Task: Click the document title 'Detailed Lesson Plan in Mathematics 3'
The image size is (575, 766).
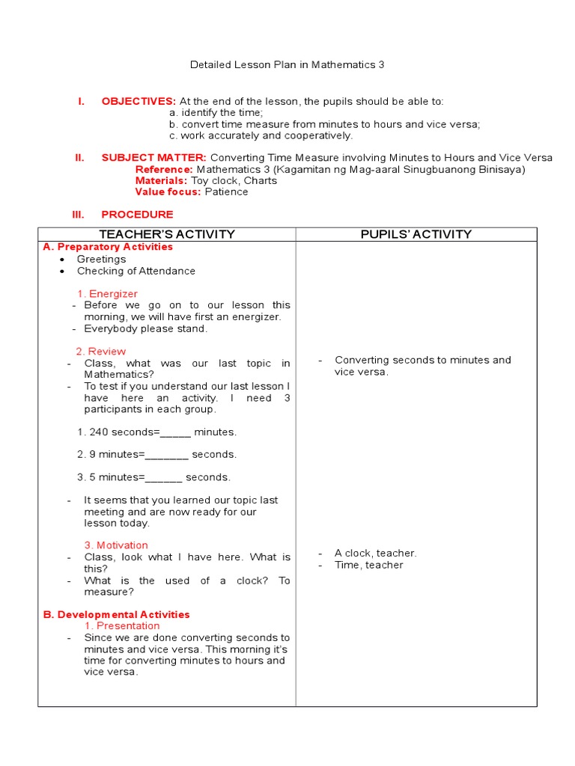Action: click(287, 65)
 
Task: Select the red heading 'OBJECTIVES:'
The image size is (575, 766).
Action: click(139, 101)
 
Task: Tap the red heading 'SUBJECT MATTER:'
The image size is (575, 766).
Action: click(154, 158)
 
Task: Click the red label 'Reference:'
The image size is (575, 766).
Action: click(164, 169)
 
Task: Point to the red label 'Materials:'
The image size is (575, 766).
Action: click(161, 180)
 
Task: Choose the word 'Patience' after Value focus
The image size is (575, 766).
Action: click(226, 191)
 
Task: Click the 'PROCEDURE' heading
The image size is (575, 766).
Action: click(137, 215)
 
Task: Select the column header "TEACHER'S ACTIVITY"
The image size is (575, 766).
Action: click(167, 234)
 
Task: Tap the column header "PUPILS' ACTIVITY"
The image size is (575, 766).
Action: click(416, 234)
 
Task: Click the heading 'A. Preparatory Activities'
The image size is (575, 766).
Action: click(108, 247)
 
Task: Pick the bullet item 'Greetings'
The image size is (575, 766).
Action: click(101, 259)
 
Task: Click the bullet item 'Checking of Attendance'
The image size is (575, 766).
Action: click(136, 271)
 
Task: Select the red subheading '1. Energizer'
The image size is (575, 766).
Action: click(107, 294)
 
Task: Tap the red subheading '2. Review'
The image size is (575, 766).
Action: click(100, 352)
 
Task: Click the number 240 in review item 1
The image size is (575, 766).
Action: click(98, 432)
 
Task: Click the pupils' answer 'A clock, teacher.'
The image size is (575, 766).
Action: click(375, 553)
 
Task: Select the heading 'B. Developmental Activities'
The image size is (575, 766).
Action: click(116, 614)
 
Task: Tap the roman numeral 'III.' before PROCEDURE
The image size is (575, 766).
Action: click(79, 215)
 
